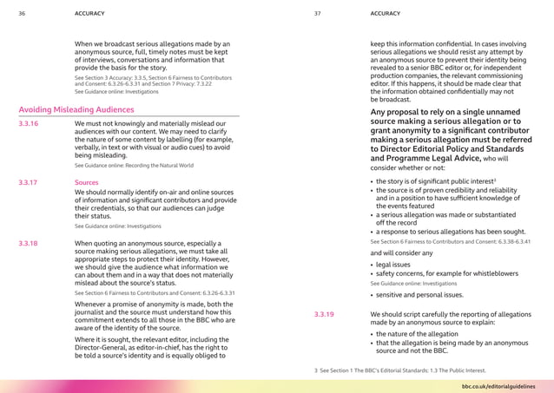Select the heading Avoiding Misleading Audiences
[x=76, y=110]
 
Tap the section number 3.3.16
[x=28, y=125]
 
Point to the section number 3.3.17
[x=28, y=184]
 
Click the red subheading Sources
[x=87, y=184]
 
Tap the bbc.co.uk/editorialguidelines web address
[x=498, y=383]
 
